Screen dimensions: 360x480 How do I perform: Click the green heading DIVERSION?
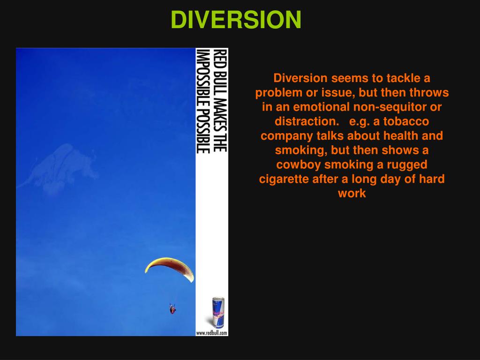click(x=236, y=20)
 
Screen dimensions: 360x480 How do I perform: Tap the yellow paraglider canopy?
click(x=169, y=267)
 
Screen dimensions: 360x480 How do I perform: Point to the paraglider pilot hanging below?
click(x=172, y=308)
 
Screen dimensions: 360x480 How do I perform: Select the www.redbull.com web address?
click(x=212, y=333)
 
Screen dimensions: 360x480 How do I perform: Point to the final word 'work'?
click(x=352, y=194)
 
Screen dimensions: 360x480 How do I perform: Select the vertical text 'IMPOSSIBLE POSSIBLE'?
click(x=202, y=100)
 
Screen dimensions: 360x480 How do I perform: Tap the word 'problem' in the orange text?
click(x=277, y=92)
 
